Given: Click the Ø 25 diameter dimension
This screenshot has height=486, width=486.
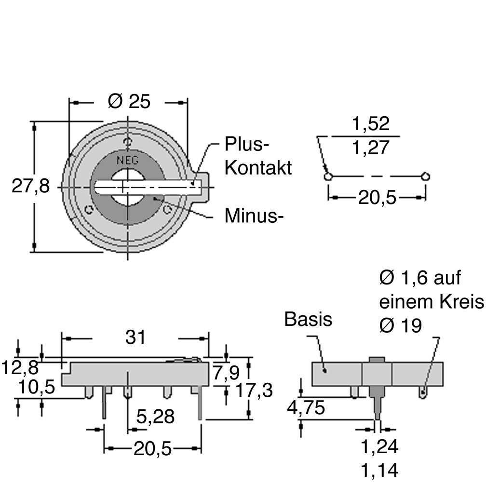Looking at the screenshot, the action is (x=129, y=101).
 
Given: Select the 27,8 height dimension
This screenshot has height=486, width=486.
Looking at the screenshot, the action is (x=30, y=187).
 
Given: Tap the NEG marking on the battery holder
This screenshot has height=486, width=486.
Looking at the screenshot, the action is (x=128, y=160).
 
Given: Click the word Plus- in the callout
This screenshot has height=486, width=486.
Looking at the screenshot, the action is (x=247, y=144).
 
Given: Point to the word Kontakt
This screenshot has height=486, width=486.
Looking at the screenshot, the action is (x=258, y=168).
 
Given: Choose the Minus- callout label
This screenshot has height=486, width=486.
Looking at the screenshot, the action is (x=254, y=216).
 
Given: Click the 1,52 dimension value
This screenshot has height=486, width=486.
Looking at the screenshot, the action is (x=371, y=123).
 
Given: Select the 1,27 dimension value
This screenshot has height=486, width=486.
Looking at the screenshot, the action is (x=371, y=148).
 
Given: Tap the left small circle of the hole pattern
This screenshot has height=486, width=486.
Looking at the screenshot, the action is (x=328, y=176).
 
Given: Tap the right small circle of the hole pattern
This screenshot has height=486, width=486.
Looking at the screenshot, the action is (x=426, y=176).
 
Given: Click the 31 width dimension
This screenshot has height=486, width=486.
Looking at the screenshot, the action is (x=135, y=337).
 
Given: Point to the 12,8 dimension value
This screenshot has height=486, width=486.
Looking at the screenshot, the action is (x=20, y=367).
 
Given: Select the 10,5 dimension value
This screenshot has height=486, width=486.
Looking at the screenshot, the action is (x=37, y=387).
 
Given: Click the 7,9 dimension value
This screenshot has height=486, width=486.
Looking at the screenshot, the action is (x=226, y=373).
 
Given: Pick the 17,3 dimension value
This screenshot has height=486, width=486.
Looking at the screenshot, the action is (x=254, y=390).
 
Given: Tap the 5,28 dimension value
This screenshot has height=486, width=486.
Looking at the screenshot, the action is (x=156, y=417).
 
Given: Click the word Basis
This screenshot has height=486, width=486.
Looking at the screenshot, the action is (x=308, y=319).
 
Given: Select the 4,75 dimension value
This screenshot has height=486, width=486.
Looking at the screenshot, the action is (x=306, y=407).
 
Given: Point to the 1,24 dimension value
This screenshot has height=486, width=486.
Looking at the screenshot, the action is (x=379, y=446).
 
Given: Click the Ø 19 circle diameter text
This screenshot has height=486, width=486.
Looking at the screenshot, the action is (x=401, y=325).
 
